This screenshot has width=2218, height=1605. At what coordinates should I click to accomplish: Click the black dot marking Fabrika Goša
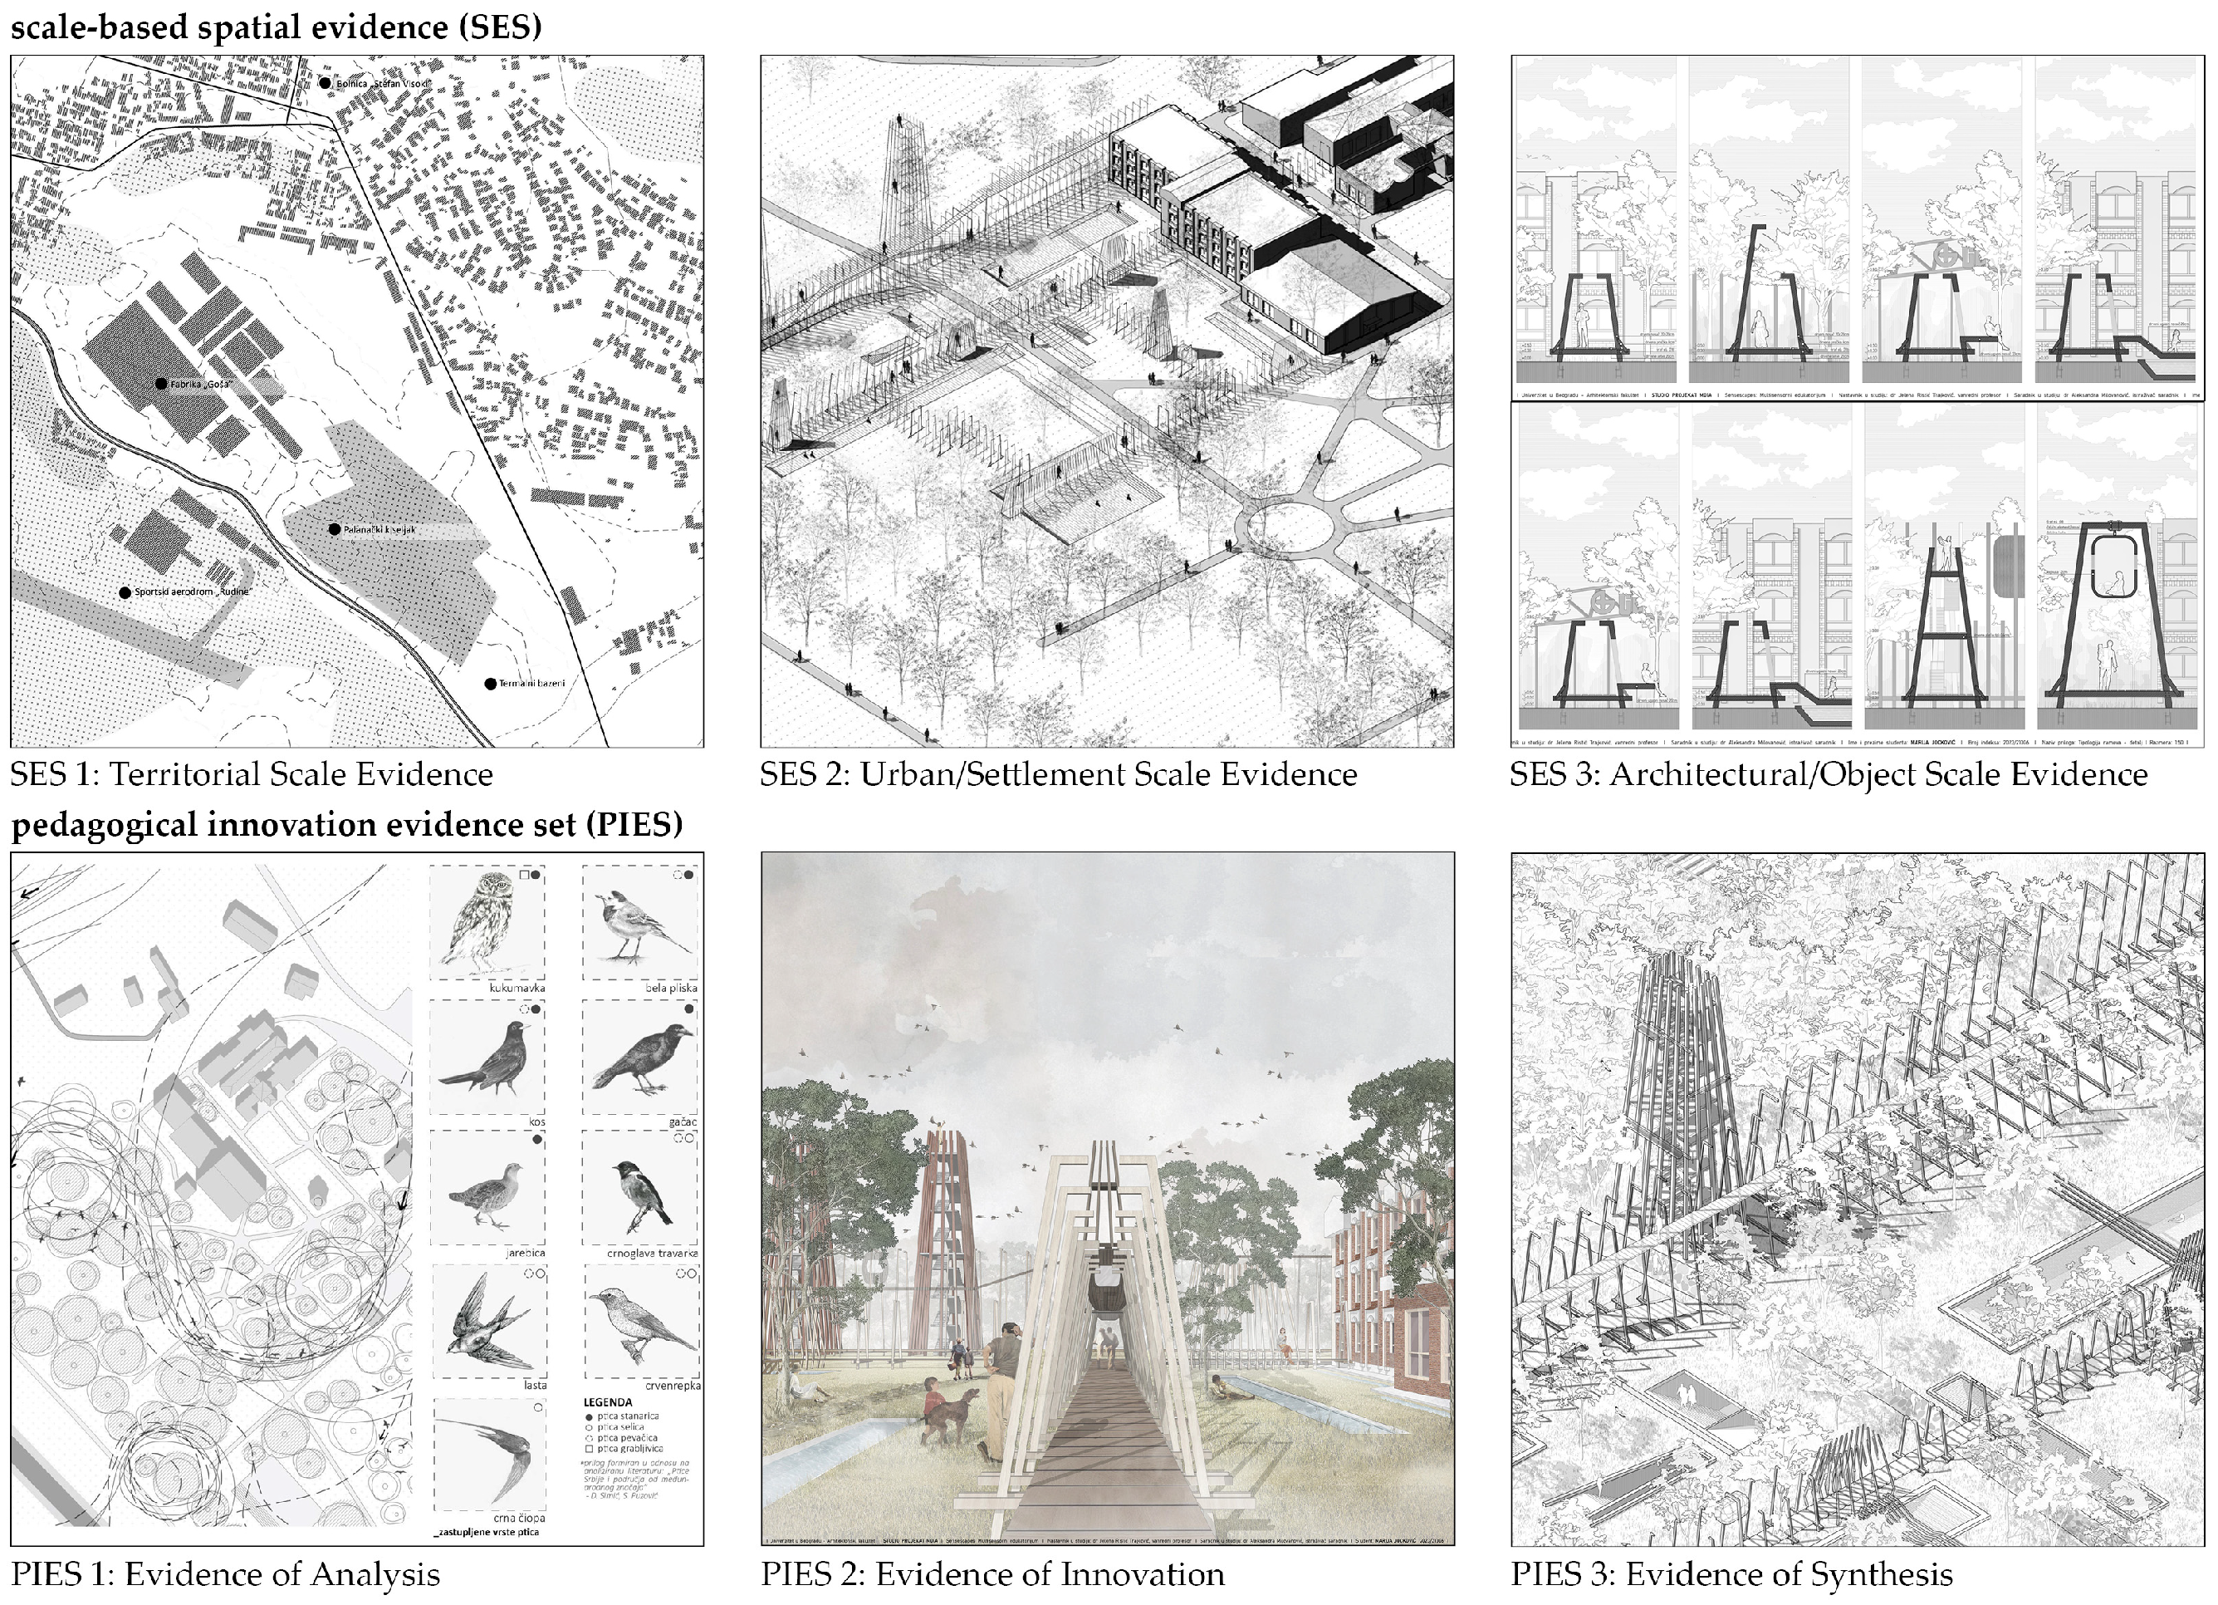(x=161, y=385)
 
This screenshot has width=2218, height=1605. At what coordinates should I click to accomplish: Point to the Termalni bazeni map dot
(x=491, y=684)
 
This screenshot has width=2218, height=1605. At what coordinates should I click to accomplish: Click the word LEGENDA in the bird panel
(x=607, y=1401)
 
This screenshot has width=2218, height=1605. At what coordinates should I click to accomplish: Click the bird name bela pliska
(x=671, y=988)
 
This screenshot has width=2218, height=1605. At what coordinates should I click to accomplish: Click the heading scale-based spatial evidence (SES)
(x=276, y=27)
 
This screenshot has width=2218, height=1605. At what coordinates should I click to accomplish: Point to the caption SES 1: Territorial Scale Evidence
(x=252, y=774)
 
